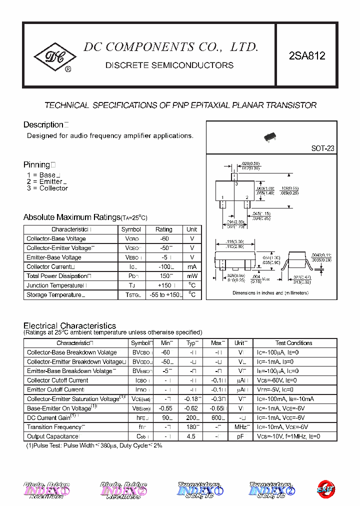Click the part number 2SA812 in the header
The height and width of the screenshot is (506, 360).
pos(307,56)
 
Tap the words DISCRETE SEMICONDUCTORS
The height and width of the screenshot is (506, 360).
pos(169,65)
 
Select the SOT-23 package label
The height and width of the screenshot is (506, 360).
pos(322,148)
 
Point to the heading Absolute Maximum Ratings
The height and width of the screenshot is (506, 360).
pos(71,217)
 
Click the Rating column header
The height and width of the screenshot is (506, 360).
pos(163,229)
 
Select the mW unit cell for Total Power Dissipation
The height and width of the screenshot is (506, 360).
pos(192,276)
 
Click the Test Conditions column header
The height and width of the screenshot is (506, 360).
pos(293,343)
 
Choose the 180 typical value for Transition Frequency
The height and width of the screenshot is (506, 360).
pos(190,427)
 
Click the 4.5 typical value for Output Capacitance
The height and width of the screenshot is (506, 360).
pos(190,436)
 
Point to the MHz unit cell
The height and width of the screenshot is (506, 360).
pos(240,427)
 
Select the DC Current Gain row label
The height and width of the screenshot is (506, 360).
pos(48,417)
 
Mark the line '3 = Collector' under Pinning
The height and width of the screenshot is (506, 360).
pos(47,188)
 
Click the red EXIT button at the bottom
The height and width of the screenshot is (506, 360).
pos(325,488)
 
